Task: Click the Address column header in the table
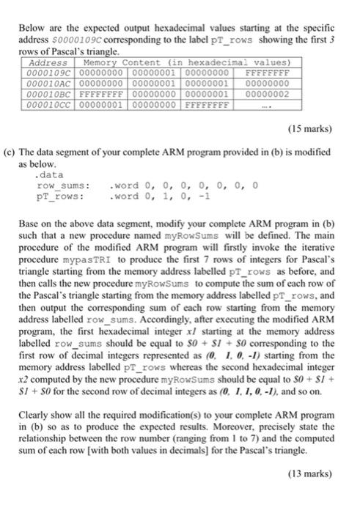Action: coord(42,65)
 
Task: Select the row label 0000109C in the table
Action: coord(42,74)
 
